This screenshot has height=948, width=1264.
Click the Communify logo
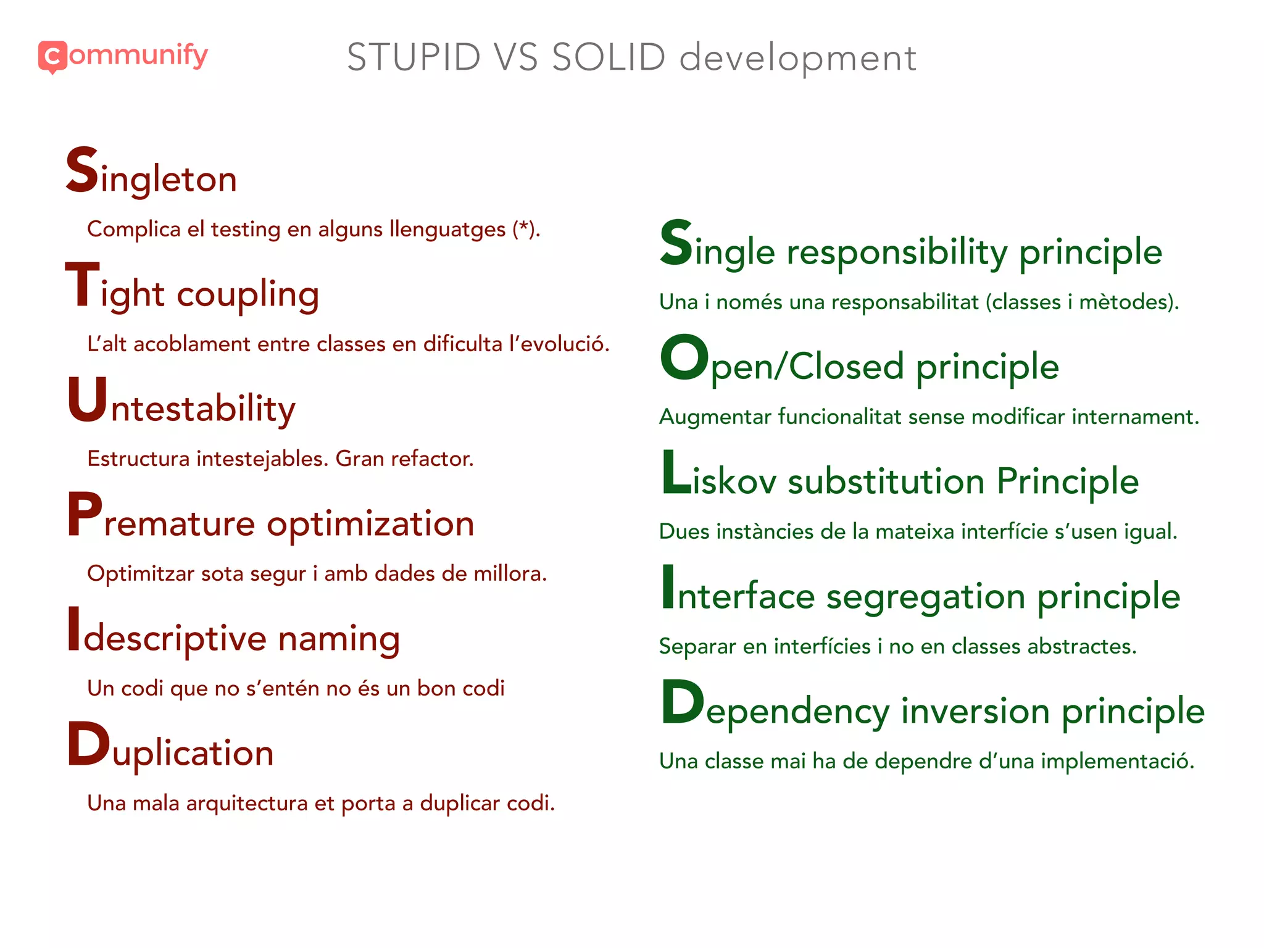(123, 56)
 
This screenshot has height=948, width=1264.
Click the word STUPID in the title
(414, 58)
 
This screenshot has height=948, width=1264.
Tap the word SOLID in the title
(609, 58)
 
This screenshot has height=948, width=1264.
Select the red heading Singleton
(152, 173)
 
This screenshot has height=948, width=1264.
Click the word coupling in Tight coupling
(248, 294)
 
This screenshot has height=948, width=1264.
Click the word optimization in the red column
(370, 525)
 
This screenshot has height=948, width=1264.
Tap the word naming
(339, 639)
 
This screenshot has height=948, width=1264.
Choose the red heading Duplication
(170, 748)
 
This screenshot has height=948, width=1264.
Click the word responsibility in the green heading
(897, 252)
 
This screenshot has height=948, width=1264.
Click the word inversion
(975, 711)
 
